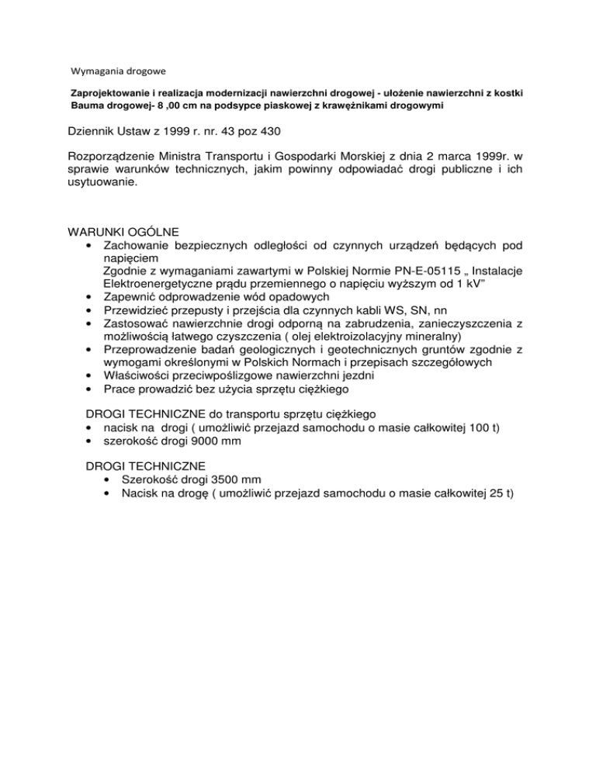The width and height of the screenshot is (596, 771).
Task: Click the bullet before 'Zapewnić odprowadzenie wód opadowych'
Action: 92,296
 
